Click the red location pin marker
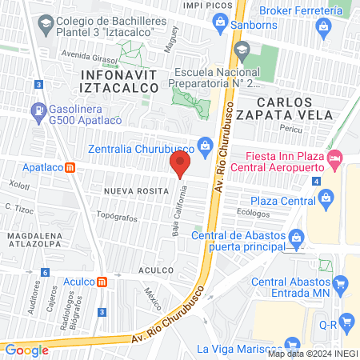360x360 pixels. [181, 166]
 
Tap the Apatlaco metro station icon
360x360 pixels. [71, 168]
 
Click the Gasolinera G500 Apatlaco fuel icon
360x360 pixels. [37, 110]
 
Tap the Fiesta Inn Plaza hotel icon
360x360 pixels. [336, 160]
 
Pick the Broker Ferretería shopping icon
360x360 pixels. [323, 25]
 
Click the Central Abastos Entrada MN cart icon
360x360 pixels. [341, 282]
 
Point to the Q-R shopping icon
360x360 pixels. [347, 322]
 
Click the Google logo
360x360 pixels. [27, 350]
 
